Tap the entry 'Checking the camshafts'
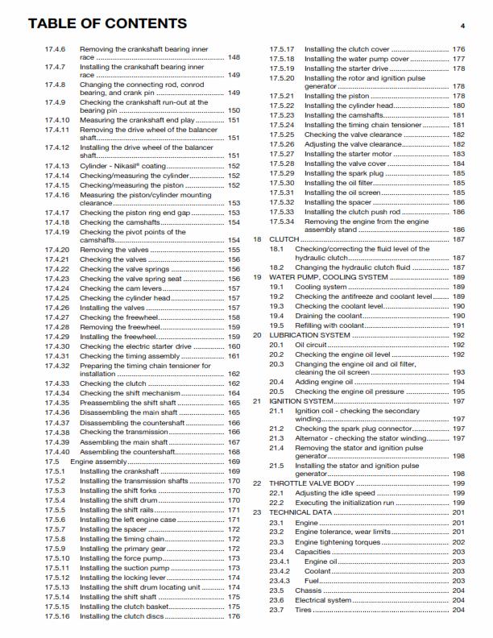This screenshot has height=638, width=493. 113,222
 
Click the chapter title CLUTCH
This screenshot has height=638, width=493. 284,239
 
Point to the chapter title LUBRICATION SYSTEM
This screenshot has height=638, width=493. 309,334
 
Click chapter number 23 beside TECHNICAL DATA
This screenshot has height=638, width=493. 258,512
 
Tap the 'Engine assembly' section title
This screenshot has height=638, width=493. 98,462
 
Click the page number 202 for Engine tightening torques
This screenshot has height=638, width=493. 458,542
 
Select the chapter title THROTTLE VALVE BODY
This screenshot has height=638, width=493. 313,483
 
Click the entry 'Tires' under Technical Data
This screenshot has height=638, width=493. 303,610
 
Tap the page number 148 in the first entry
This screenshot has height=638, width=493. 234,59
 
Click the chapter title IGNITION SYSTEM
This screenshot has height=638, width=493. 300,400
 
